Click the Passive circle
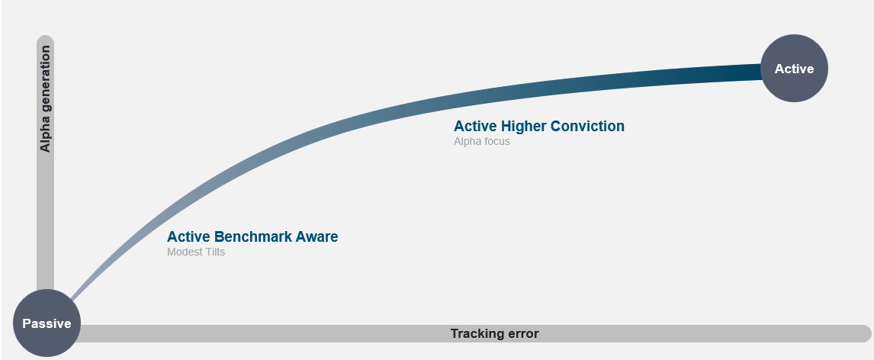[47, 323]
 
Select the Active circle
[794, 69]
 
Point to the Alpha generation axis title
[45, 98]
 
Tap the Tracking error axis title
[494, 333]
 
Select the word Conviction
[585, 126]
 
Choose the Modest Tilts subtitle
[196, 252]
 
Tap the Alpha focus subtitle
[481, 141]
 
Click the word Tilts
[214, 252]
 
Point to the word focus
[496, 141]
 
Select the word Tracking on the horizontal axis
[475, 333]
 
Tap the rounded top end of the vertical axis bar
[45, 40]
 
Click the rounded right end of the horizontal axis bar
[864, 333]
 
